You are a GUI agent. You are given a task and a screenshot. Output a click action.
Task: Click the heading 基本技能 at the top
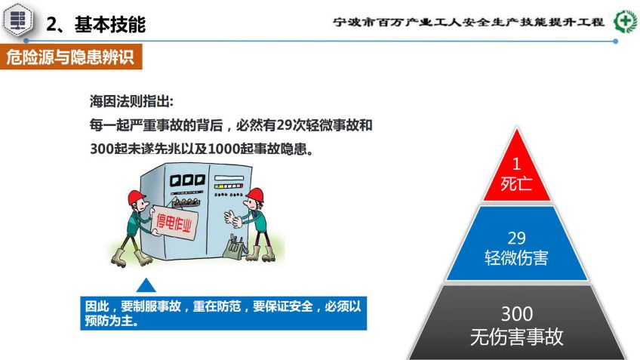(109, 24)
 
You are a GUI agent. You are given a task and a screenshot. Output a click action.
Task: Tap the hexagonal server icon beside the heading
(18, 19)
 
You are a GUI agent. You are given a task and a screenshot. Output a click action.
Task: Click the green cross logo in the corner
(625, 20)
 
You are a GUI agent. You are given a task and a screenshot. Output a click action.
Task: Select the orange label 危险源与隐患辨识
(71, 57)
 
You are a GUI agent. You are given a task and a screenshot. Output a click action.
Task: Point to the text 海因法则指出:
(131, 101)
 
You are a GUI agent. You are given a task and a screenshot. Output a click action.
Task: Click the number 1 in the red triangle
(516, 164)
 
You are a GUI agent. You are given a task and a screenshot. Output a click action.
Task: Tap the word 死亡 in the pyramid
(516, 183)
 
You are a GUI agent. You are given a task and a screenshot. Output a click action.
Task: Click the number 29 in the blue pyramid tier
(516, 238)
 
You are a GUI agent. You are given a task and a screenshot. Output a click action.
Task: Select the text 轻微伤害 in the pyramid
(516, 258)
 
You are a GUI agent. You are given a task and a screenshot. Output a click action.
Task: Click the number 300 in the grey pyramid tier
(517, 314)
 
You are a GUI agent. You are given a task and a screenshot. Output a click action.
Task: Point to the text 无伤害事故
(517, 337)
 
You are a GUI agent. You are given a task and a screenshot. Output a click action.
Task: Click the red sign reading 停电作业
(174, 223)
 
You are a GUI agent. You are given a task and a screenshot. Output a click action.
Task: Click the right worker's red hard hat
(256, 195)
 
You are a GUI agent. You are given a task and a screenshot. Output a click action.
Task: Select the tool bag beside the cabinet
(235, 247)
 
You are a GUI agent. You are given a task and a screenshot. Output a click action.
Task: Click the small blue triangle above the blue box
(146, 286)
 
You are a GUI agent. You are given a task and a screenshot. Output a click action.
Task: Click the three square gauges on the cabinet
(187, 180)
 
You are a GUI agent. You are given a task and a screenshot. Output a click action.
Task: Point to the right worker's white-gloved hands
(232, 218)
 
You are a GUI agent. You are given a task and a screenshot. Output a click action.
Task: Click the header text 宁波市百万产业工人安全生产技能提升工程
(469, 22)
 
